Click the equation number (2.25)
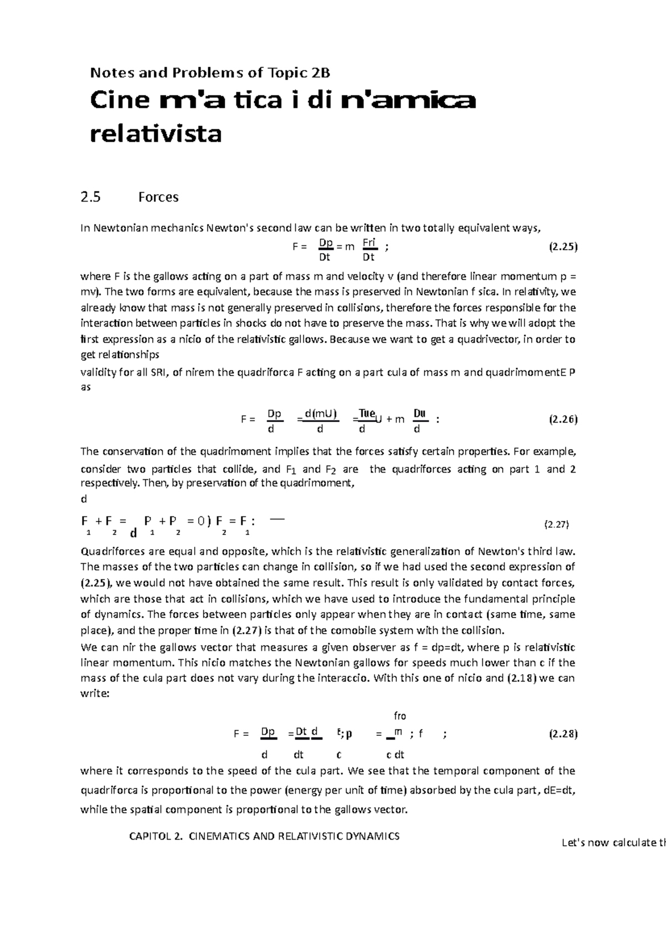click(x=563, y=248)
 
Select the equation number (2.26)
click(x=563, y=419)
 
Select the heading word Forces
click(x=158, y=197)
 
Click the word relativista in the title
click(x=155, y=134)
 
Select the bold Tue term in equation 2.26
click(x=367, y=413)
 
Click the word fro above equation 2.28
click(x=400, y=716)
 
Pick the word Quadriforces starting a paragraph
click(x=109, y=551)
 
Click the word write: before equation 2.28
click(x=95, y=694)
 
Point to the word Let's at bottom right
click(x=574, y=842)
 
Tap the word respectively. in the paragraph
click(x=110, y=483)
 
